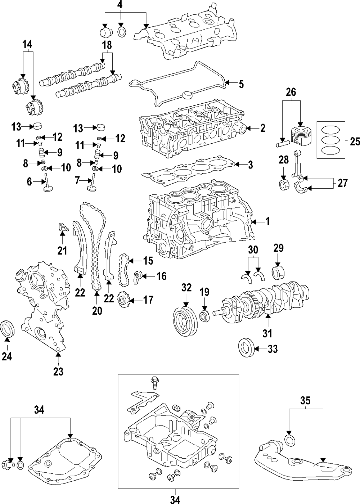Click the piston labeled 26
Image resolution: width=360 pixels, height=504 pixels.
(301, 135)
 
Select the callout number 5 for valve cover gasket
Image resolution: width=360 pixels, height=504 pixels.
(241, 84)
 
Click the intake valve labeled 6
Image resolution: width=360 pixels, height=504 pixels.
(47, 183)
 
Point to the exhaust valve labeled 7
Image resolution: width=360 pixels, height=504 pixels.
(92, 183)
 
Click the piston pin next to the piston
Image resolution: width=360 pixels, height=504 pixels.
(281, 143)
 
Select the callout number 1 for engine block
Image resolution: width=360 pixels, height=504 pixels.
(267, 221)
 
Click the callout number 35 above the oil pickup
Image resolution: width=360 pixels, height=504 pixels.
(305, 400)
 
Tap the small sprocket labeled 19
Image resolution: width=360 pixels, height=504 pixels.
(204, 316)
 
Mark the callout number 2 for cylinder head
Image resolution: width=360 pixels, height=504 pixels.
(262, 128)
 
